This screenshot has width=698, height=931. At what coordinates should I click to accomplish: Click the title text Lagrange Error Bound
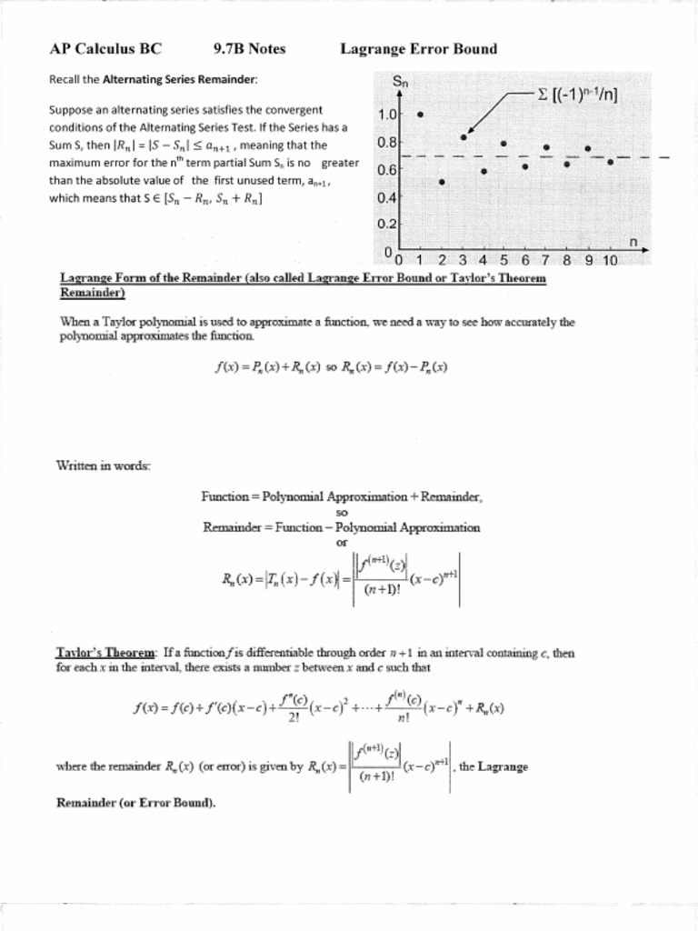[x=418, y=49]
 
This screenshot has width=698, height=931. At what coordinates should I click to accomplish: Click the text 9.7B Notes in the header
[x=249, y=49]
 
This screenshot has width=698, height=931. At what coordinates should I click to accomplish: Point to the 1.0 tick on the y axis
[x=387, y=115]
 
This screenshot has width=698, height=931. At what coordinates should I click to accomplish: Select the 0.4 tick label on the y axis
[x=387, y=197]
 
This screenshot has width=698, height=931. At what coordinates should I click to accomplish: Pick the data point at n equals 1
[x=420, y=115]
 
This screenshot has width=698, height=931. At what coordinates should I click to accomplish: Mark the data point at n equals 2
[x=442, y=182]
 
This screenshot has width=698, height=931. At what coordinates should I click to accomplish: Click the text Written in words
[x=104, y=466]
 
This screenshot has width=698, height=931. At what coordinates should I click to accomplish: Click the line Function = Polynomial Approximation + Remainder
[x=342, y=496]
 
